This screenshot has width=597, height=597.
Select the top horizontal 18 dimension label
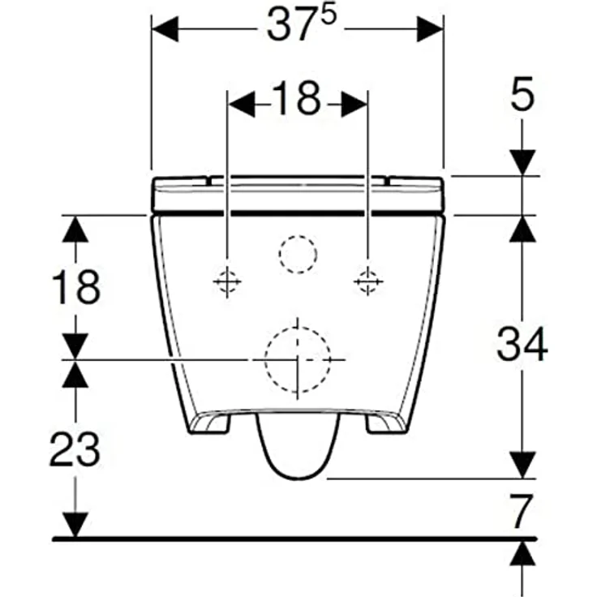tap(298, 98)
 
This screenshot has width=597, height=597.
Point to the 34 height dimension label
tap(522, 345)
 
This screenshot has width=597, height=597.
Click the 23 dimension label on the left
tap(75, 449)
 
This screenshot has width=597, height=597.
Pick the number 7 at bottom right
tap(522, 511)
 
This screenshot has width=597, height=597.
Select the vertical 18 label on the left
tap(76, 286)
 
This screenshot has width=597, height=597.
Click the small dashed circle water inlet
tap(298, 254)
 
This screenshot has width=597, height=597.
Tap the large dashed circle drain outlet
tap(298, 359)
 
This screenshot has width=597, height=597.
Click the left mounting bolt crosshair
tap(227, 281)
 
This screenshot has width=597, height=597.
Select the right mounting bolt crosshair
tap(368, 281)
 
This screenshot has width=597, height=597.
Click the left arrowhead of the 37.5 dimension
tap(165, 29)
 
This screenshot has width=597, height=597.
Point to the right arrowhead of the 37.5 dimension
tap(430, 29)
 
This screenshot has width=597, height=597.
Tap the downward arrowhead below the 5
tap(522, 162)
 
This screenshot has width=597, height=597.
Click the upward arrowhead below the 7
tap(522, 554)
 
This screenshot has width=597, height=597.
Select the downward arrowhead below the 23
tap(75, 525)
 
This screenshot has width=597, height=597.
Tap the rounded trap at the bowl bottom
tap(298, 445)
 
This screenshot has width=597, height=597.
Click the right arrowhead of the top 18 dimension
tap(354, 104)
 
